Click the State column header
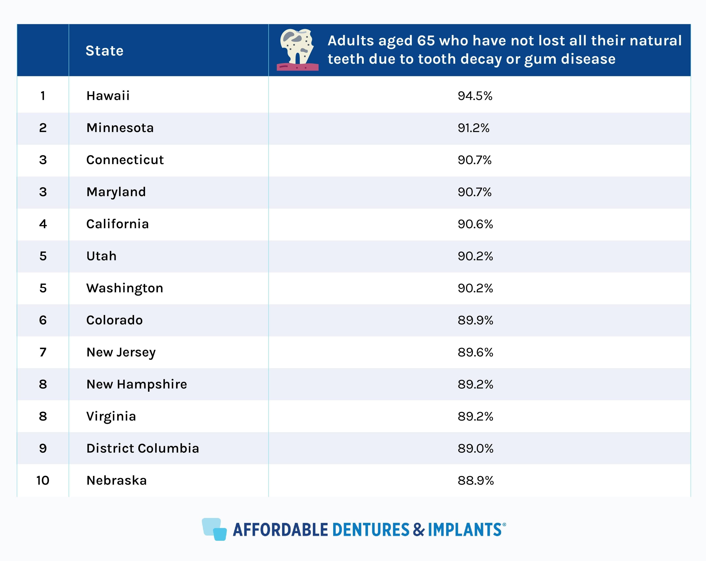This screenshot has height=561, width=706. click(105, 51)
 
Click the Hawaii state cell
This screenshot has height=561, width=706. click(108, 96)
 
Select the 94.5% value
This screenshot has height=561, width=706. click(475, 96)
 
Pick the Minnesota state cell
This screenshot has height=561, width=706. click(120, 128)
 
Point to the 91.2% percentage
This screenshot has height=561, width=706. click(474, 128)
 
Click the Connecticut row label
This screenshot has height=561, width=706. click(125, 160)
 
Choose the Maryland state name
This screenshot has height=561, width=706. click(116, 192)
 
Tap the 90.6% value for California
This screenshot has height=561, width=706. click(475, 224)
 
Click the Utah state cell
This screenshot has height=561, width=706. click(101, 256)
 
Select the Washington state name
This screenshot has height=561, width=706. click(124, 288)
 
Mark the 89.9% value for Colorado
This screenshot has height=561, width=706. click(475, 320)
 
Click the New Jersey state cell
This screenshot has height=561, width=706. click(121, 352)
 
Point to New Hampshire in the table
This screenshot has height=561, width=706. click(137, 384)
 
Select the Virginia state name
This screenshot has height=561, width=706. click(111, 416)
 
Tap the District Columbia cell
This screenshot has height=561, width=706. click(143, 448)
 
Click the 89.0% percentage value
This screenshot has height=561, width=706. click(475, 448)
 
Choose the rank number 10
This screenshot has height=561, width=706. click(43, 480)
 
